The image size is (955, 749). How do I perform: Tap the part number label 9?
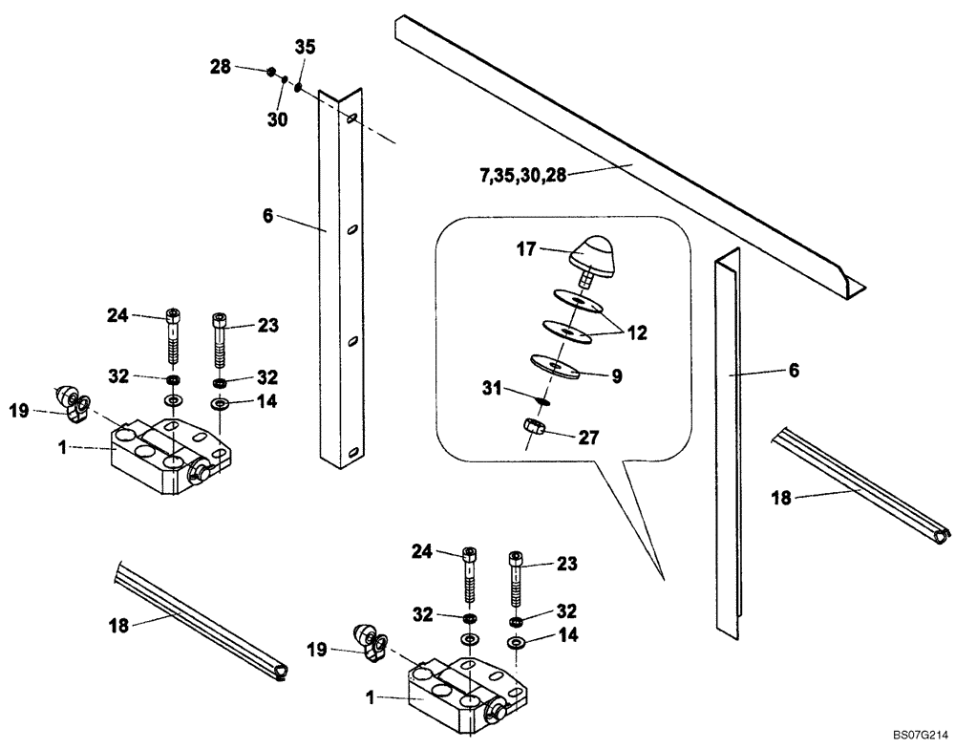tap(617, 376)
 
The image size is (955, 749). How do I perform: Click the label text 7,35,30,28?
tap(522, 175)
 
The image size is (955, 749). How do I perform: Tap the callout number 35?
tap(305, 47)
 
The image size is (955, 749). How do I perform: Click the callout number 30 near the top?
tap(277, 118)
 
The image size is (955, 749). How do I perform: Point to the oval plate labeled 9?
tap(555, 366)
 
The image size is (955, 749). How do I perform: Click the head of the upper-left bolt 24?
tap(172, 314)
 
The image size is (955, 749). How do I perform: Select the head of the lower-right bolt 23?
tap(516, 556)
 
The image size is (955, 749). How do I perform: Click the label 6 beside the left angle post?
tap(268, 217)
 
